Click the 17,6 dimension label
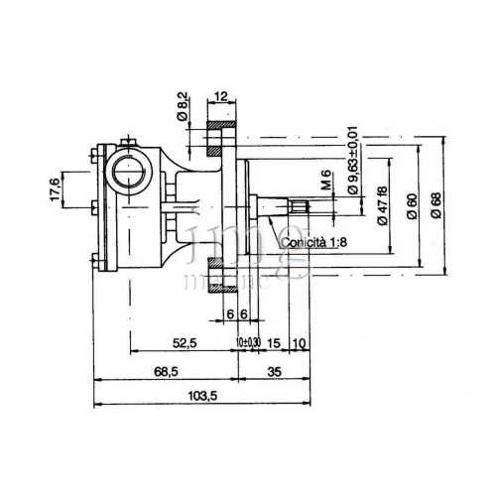[56, 187]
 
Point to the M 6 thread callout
[325, 182]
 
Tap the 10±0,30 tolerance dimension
[249, 342]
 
